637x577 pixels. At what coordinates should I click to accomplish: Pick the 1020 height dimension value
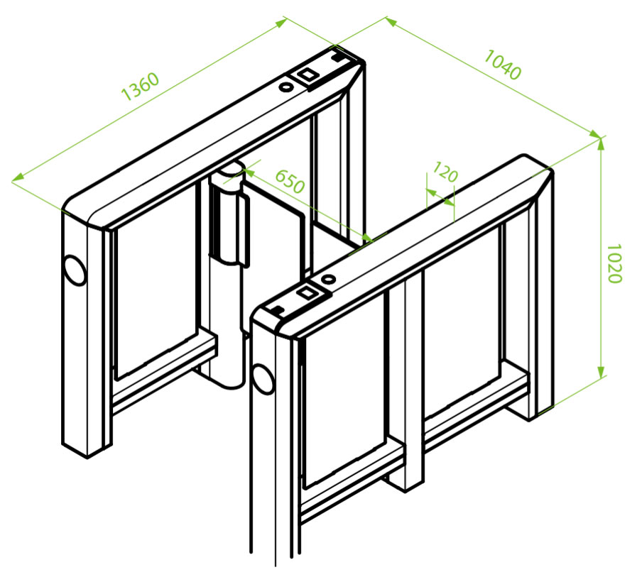(614, 263)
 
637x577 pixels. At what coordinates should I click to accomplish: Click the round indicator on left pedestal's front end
(74, 269)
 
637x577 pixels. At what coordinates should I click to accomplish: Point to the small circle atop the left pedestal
(286, 87)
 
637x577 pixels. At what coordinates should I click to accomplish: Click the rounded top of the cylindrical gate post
(229, 170)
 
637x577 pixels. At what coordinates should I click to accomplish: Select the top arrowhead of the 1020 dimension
(601, 143)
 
